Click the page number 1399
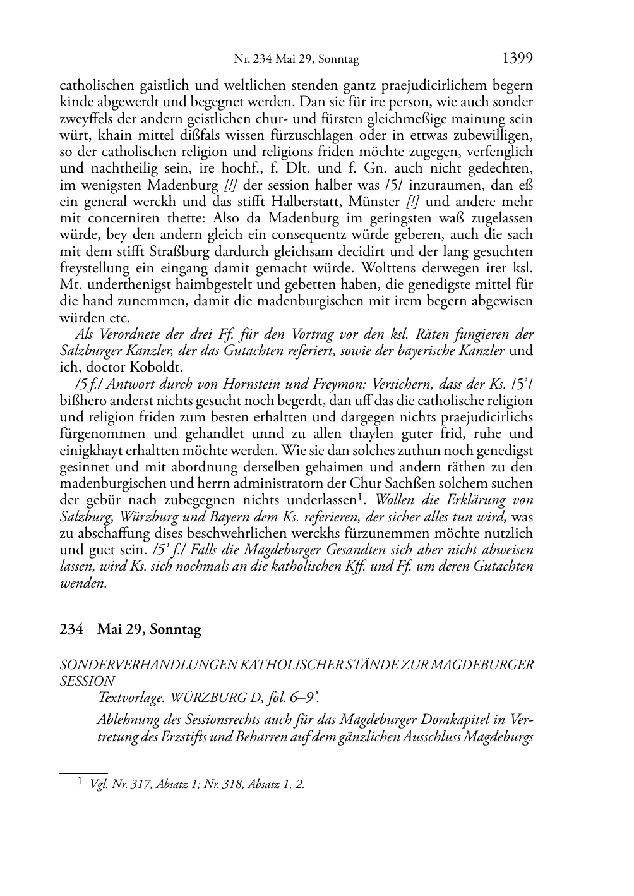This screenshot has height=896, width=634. click(517, 59)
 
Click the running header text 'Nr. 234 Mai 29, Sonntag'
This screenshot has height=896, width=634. click(296, 59)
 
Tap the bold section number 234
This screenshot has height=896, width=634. click(71, 630)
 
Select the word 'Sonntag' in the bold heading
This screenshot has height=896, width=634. click(176, 630)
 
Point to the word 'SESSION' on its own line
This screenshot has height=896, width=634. click(87, 681)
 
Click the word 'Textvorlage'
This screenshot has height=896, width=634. click(129, 698)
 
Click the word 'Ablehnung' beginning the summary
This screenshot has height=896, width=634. click(124, 720)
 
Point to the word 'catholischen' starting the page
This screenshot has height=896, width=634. click(94, 86)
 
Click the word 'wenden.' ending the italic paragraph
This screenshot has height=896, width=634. click(83, 583)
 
